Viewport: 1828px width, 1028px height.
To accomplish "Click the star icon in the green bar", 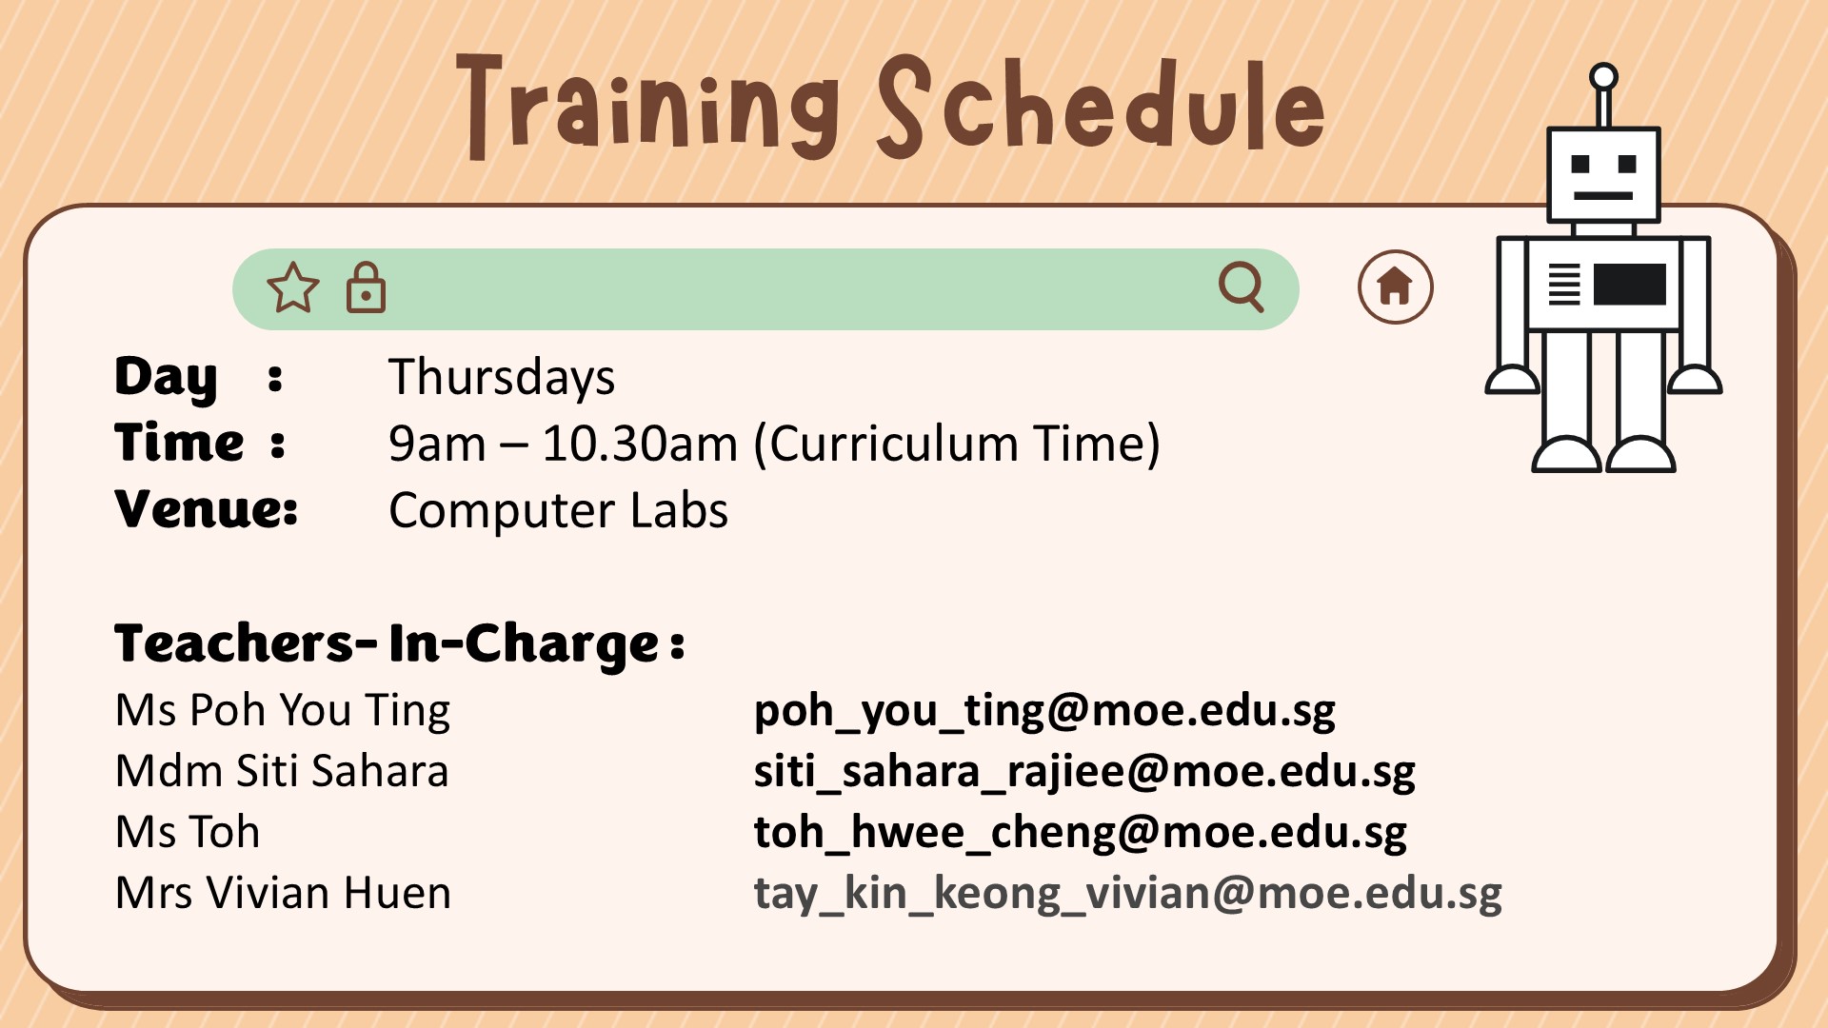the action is [x=293, y=287].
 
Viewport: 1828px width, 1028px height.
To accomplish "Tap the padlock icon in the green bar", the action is [x=366, y=287].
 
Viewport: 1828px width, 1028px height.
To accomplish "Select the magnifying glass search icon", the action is [x=1242, y=287].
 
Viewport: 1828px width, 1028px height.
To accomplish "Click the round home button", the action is [x=1395, y=287].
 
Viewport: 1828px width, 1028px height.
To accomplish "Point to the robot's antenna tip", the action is [x=1604, y=76].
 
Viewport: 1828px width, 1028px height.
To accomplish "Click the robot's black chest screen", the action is [x=1630, y=285].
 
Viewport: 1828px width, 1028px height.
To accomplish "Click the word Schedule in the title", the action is [x=1101, y=105].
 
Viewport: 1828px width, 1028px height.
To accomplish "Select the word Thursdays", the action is [x=502, y=377].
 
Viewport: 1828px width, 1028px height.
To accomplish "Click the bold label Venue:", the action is [x=207, y=509].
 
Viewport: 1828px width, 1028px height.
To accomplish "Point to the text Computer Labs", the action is [x=558, y=510].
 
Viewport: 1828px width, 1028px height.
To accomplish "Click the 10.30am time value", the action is [x=640, y=444].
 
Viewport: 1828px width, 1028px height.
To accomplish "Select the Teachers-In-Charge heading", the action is [x=399, y=644].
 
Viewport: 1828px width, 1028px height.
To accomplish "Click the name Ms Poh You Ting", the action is [x=283, y=711].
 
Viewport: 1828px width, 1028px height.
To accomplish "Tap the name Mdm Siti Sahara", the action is [x=282, y=771].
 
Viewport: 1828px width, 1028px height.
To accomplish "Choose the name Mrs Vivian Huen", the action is [x=283, y=893].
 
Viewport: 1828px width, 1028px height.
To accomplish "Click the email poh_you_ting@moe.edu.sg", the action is [x=1044, y=711].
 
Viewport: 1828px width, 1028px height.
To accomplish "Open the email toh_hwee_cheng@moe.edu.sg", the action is [x=1081, y=833].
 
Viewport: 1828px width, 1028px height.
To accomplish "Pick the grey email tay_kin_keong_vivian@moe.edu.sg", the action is [x=1128, y=894].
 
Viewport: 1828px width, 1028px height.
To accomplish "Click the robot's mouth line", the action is [x=1603, y=195].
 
